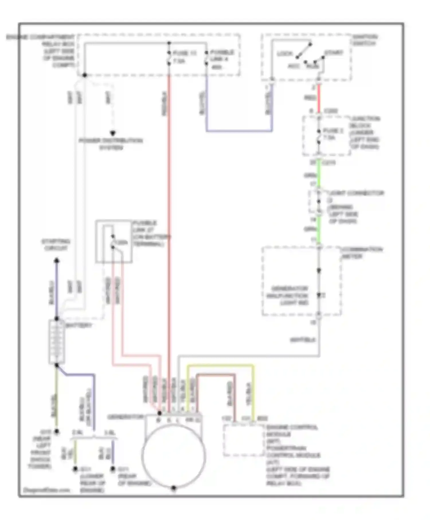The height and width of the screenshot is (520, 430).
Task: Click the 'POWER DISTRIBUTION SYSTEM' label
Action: (111, 144)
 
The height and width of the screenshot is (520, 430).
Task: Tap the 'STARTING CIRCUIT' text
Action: (56, 245)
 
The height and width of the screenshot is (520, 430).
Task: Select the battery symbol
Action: (56, 342)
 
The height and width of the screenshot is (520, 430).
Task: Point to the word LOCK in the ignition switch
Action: (285, 54)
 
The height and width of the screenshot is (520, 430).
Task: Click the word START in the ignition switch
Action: (333, 53)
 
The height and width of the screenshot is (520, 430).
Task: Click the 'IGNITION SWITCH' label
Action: (365, 40)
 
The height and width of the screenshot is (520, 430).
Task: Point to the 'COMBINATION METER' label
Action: (362, 253)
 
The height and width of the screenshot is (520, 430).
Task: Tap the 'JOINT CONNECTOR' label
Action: (356, 193)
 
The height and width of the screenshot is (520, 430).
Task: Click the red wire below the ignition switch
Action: (318, 98)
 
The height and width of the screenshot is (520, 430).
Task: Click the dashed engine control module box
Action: (243, 440)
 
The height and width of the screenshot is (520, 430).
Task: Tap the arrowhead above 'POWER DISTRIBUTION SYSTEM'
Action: (113, 133)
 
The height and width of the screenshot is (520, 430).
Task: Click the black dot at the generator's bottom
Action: (173, 488)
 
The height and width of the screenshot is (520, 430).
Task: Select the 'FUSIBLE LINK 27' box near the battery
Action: (114, 241)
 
